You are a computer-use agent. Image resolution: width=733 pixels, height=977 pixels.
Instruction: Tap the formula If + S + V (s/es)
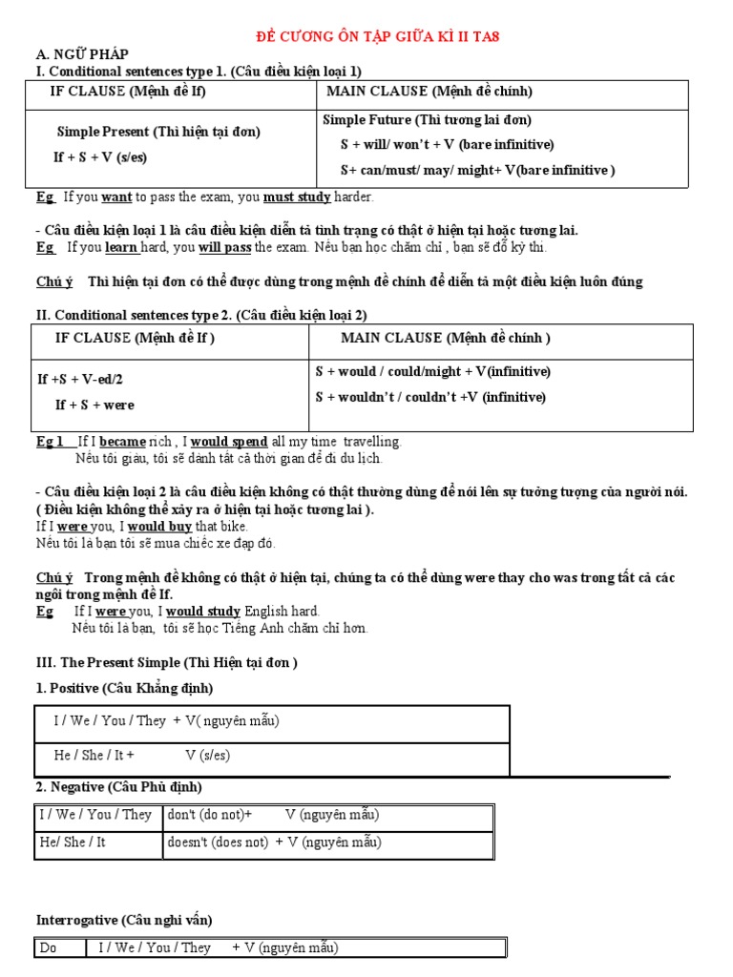click(100, 157)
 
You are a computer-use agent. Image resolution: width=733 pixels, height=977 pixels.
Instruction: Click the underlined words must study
click(297, 197)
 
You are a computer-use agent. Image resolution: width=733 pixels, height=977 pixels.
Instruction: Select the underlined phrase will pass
click(225, 247)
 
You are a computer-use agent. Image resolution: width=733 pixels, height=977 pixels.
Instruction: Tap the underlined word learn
click(122, 247)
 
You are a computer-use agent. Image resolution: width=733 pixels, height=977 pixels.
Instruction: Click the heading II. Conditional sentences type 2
click(201, 314)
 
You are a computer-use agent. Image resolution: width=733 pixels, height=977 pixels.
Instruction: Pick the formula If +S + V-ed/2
click(80, 379)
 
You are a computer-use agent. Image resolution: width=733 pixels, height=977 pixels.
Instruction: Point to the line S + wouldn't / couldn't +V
click(430, 397)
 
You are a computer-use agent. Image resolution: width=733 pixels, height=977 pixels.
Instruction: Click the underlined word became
click(122, 442)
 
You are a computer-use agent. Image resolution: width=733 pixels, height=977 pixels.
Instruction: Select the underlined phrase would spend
click(229, 442)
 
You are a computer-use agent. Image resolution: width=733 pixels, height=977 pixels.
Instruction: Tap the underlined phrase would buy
click(160, 526)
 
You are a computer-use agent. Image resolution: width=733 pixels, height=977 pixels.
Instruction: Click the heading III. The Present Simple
click(167, 661)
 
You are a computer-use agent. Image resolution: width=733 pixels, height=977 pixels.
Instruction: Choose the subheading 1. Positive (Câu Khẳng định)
click(124, 688)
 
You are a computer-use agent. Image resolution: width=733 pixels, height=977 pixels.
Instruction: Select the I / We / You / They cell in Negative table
click(95, 815)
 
